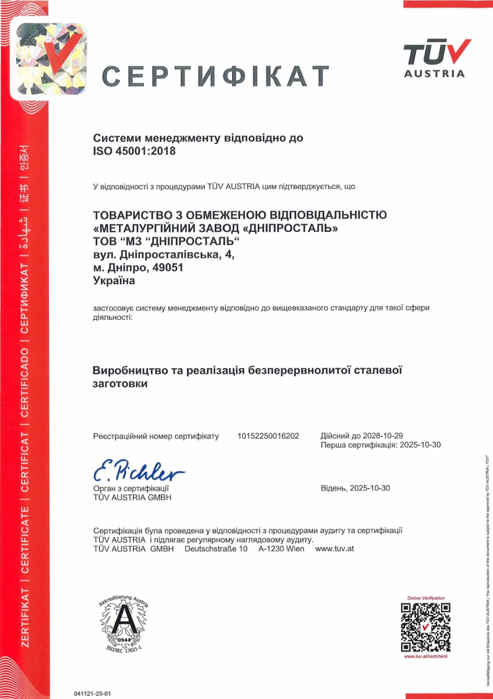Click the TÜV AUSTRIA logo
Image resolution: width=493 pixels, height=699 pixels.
coord(435,58)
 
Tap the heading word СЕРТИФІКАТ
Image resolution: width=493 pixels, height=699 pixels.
coord(216,76)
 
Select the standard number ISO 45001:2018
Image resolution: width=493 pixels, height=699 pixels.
coord(134,151)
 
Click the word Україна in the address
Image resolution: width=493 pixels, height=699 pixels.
coord(114,281)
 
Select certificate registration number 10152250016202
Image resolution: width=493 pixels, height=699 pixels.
coord(268,436)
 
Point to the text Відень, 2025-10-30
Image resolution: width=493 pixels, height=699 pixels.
coord(355,488)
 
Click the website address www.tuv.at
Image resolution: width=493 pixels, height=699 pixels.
coord(335,549)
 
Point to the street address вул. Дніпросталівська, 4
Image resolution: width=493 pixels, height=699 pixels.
coord(164,255)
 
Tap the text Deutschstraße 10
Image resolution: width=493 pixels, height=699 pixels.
coord(216,549)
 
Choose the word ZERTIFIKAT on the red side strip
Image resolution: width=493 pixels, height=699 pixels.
coord(24,617)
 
